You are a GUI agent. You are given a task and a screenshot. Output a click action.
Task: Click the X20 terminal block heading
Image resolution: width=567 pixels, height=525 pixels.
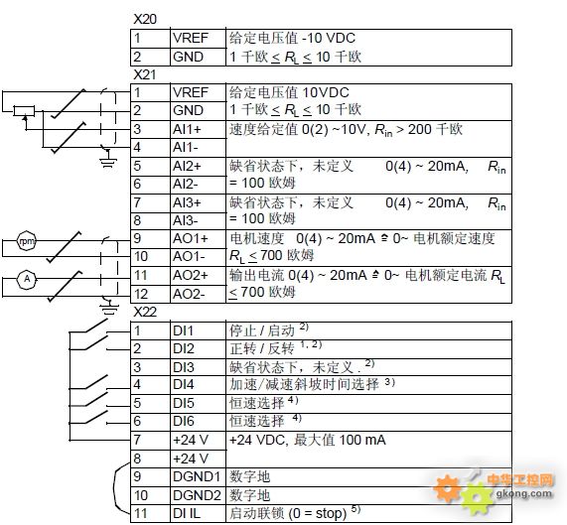tap(145, 19)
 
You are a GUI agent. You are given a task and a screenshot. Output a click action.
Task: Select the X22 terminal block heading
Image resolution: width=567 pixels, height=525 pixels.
tap(145, 312)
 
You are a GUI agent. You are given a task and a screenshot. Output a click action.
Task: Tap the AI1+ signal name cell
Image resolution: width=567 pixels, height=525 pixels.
tap(198, 129)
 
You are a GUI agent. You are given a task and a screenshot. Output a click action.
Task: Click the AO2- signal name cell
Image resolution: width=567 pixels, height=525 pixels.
tap(198, 294)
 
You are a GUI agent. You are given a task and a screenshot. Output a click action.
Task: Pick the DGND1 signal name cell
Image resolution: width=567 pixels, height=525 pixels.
tap(198, 477)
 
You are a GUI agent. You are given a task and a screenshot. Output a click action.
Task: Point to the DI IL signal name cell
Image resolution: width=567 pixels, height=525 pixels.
tap(198, 513)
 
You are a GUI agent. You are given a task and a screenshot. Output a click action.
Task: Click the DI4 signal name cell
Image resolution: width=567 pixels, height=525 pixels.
tap(198, 385)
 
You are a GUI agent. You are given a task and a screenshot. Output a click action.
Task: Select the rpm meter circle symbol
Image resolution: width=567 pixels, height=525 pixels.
tap(27, 241)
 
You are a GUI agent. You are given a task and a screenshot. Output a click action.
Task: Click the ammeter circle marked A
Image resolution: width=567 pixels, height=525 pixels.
tap(27, 279)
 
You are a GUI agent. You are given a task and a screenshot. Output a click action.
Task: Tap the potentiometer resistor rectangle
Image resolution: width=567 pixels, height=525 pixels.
tap(24, 110)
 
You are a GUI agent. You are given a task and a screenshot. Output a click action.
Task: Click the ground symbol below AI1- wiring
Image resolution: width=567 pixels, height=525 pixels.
tap(108, 161)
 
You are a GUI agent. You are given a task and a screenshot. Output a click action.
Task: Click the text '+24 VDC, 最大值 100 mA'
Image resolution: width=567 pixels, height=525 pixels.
tap(308, 440)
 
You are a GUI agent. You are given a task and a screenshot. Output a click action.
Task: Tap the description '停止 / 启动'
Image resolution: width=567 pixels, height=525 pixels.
tap(262, 330)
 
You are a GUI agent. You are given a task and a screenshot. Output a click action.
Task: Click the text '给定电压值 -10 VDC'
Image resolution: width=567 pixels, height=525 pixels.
tap(292, 38)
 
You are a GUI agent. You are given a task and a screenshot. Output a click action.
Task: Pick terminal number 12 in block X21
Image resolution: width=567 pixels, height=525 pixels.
tap(141, 294)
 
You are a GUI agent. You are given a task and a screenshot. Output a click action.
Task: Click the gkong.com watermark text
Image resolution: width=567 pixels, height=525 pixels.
tap(524, 493)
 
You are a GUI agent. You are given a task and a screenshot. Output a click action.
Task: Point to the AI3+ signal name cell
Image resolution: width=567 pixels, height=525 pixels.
tap(198, 202)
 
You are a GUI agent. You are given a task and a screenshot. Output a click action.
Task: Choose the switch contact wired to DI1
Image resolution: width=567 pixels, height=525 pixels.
tap(97, 327)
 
